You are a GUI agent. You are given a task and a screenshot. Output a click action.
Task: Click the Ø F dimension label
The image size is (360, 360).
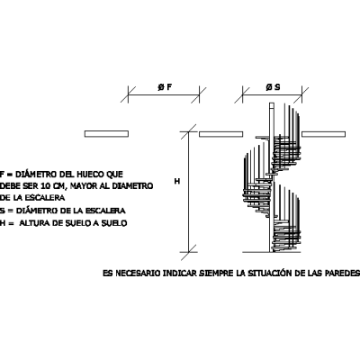[x=165, y=87]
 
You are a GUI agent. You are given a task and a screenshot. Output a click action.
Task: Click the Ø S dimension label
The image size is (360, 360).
[x=273, y=87]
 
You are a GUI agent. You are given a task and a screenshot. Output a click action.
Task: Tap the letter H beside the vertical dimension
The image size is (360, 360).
[x=177, y=181]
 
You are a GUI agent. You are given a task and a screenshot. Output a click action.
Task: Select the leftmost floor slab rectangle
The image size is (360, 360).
[x=106, y=134]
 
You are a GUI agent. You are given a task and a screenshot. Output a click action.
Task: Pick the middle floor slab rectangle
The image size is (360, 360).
[x=220, y=134]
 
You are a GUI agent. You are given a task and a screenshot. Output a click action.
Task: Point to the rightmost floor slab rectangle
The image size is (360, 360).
[x=323, y=134]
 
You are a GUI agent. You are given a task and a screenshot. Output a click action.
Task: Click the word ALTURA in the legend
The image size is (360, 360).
[x=32, y=223]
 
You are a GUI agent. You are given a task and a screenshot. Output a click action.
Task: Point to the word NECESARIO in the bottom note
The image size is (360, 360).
[x=138, y=274]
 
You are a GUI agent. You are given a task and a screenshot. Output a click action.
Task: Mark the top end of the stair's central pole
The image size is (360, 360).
[x=272, y=103]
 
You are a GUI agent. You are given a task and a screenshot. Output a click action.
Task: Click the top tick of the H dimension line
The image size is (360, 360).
[x=188, y=131]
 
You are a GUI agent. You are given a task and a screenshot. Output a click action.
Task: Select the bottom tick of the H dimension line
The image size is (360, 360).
[x=188, y=252]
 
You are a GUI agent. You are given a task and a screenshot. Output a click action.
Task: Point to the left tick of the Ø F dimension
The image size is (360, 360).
[x=128, y=95]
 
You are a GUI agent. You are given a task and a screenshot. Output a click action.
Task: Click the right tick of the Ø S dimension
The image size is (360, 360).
[x=301, y=95]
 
